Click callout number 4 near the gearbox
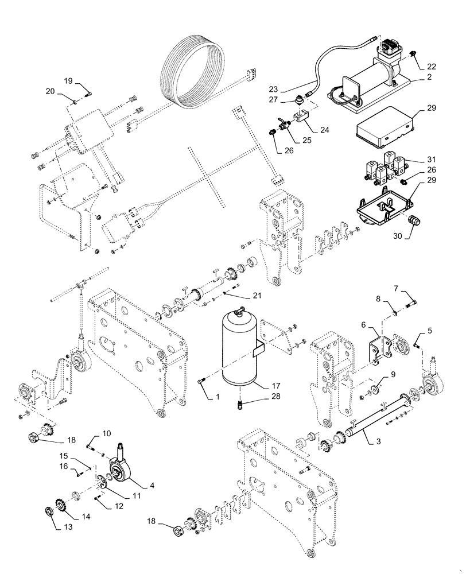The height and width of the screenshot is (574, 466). point(152,485)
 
